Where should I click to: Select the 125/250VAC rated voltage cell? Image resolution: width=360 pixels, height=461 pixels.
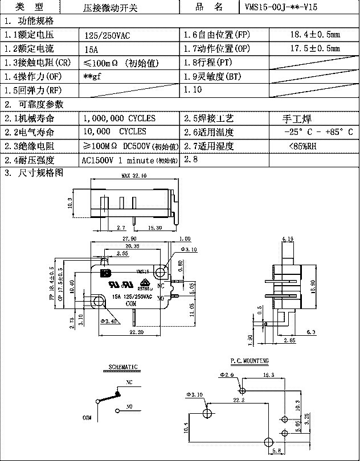(x=107, y=35)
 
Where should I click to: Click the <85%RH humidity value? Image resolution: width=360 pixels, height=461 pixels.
(x=304, y=146)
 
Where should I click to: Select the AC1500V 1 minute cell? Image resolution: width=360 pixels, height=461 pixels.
(x=130, y=160)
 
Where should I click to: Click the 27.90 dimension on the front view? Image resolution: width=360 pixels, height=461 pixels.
(x=129, y=238)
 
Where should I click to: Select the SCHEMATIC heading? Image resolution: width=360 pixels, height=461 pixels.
(x=123, y=367)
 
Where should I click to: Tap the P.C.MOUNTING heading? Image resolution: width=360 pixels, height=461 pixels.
(x=249, y=361)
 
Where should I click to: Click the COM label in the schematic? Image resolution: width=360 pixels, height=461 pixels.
(x=87, y=417)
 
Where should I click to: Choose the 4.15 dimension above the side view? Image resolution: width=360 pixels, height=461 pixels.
(x=288, y=238)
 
